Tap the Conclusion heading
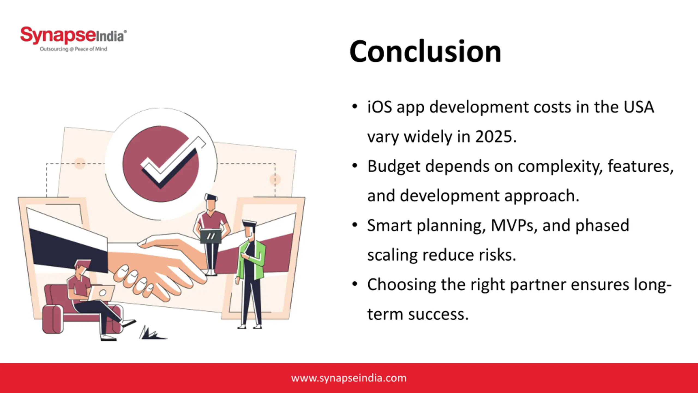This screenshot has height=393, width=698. (x=425, y=51)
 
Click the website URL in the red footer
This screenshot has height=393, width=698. (x=349, y=378)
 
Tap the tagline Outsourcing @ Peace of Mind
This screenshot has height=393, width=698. (x=73, y=49)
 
